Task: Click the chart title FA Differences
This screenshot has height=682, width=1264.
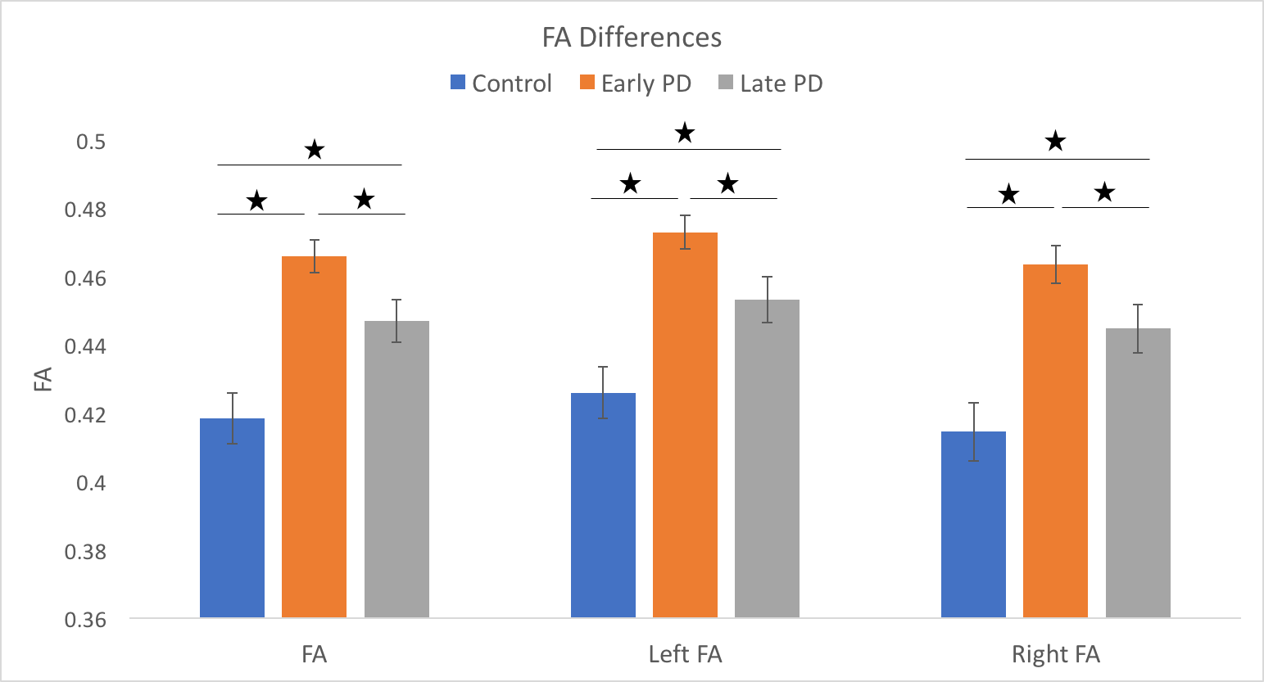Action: [x=632, y=38]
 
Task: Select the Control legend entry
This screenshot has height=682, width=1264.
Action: [x=501, y=84]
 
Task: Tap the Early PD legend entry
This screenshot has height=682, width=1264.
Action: [x=636, y=84]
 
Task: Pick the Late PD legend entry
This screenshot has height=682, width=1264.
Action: [x=770, y=84]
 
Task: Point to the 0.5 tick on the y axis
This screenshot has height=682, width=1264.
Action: [x=91, y=142]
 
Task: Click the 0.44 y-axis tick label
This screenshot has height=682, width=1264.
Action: [x=85, y=347]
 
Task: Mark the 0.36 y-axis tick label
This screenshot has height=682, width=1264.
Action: [x=85, y=620]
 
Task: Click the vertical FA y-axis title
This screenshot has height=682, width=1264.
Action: [x=43, y=380]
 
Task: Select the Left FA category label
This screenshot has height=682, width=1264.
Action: [x=685, y=655]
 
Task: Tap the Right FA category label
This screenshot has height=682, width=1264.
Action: [x=1055, y=655]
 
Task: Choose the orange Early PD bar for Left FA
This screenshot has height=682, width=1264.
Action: [x=685, y=425]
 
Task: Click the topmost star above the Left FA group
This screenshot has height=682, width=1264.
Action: [x=685, y=133]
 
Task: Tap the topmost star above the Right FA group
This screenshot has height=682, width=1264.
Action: [x=1055, y=142]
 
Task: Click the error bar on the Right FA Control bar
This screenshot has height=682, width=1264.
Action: [x=973, y=431]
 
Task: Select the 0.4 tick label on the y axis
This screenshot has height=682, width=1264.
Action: [x=91, y=483]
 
